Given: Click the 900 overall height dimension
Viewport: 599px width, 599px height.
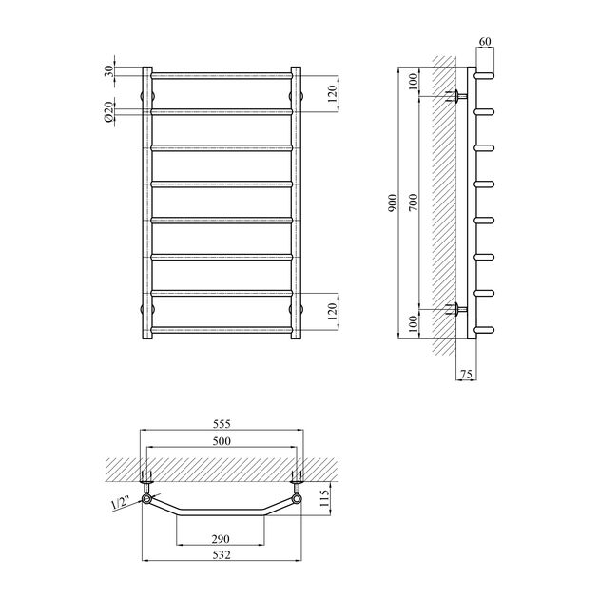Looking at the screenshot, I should pos(393,203).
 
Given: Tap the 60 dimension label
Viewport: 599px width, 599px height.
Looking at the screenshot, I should pos(485,43).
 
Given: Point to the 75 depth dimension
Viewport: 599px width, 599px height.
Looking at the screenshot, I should pos(466,374).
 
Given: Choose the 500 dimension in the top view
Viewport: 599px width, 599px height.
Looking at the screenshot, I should pos(221,442).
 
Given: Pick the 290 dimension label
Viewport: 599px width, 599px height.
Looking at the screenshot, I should pos(221,539).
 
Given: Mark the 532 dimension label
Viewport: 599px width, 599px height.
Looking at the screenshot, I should pos(221,554).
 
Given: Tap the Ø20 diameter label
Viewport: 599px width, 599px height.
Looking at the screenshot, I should pos(109,111).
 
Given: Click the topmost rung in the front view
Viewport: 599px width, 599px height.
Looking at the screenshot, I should pos(221,74).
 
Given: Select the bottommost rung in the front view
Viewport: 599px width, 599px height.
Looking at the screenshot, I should pos(221,330).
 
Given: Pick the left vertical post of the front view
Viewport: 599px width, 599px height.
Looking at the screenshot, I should pos(147,202).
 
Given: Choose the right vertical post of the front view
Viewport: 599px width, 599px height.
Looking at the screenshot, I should pos(295,202).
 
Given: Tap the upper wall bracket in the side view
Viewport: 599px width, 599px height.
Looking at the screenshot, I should pos(458,95).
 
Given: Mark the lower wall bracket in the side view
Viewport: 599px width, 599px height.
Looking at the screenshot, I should pos(458,308).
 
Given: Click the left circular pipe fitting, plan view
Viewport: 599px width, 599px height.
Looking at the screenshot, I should pos(146,498).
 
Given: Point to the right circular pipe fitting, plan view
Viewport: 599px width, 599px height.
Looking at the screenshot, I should pos(297,498).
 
